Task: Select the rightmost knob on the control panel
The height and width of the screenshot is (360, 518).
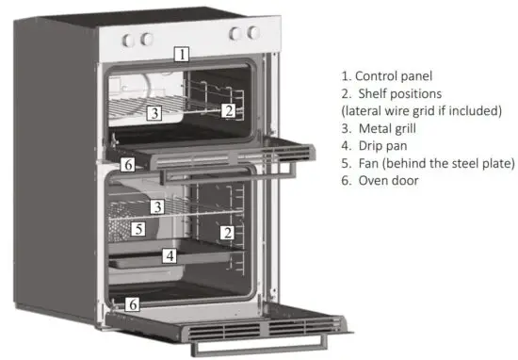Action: pyautogui.click(x=251, y=34)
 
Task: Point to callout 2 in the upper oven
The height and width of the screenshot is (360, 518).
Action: pyautogui.click(x=228, y=110)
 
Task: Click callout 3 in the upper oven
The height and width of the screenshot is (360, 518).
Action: pyautogui.click(x=154, y=114)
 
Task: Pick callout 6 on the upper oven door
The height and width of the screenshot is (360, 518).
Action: pyautogui.click(x=128, y=164)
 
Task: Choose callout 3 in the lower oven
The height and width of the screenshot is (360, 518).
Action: pyautogui.click(x=158, y=206)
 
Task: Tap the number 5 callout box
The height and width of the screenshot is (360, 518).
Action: pyautogui.click(x=138, y=229)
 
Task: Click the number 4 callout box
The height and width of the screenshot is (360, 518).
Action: pyautogui.click(x=170, y=254)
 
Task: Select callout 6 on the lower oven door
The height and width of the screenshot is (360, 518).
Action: pyautogui.click(x=134, y=303)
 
